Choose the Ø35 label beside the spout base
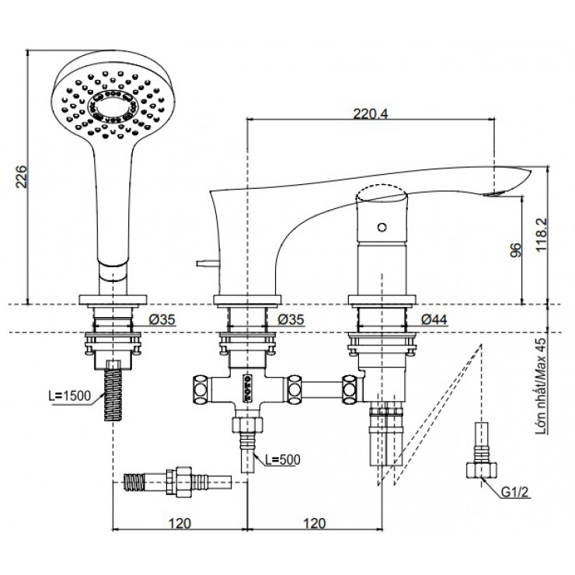click(x=293, y=318)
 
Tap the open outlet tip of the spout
click(x=495, y=190)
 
